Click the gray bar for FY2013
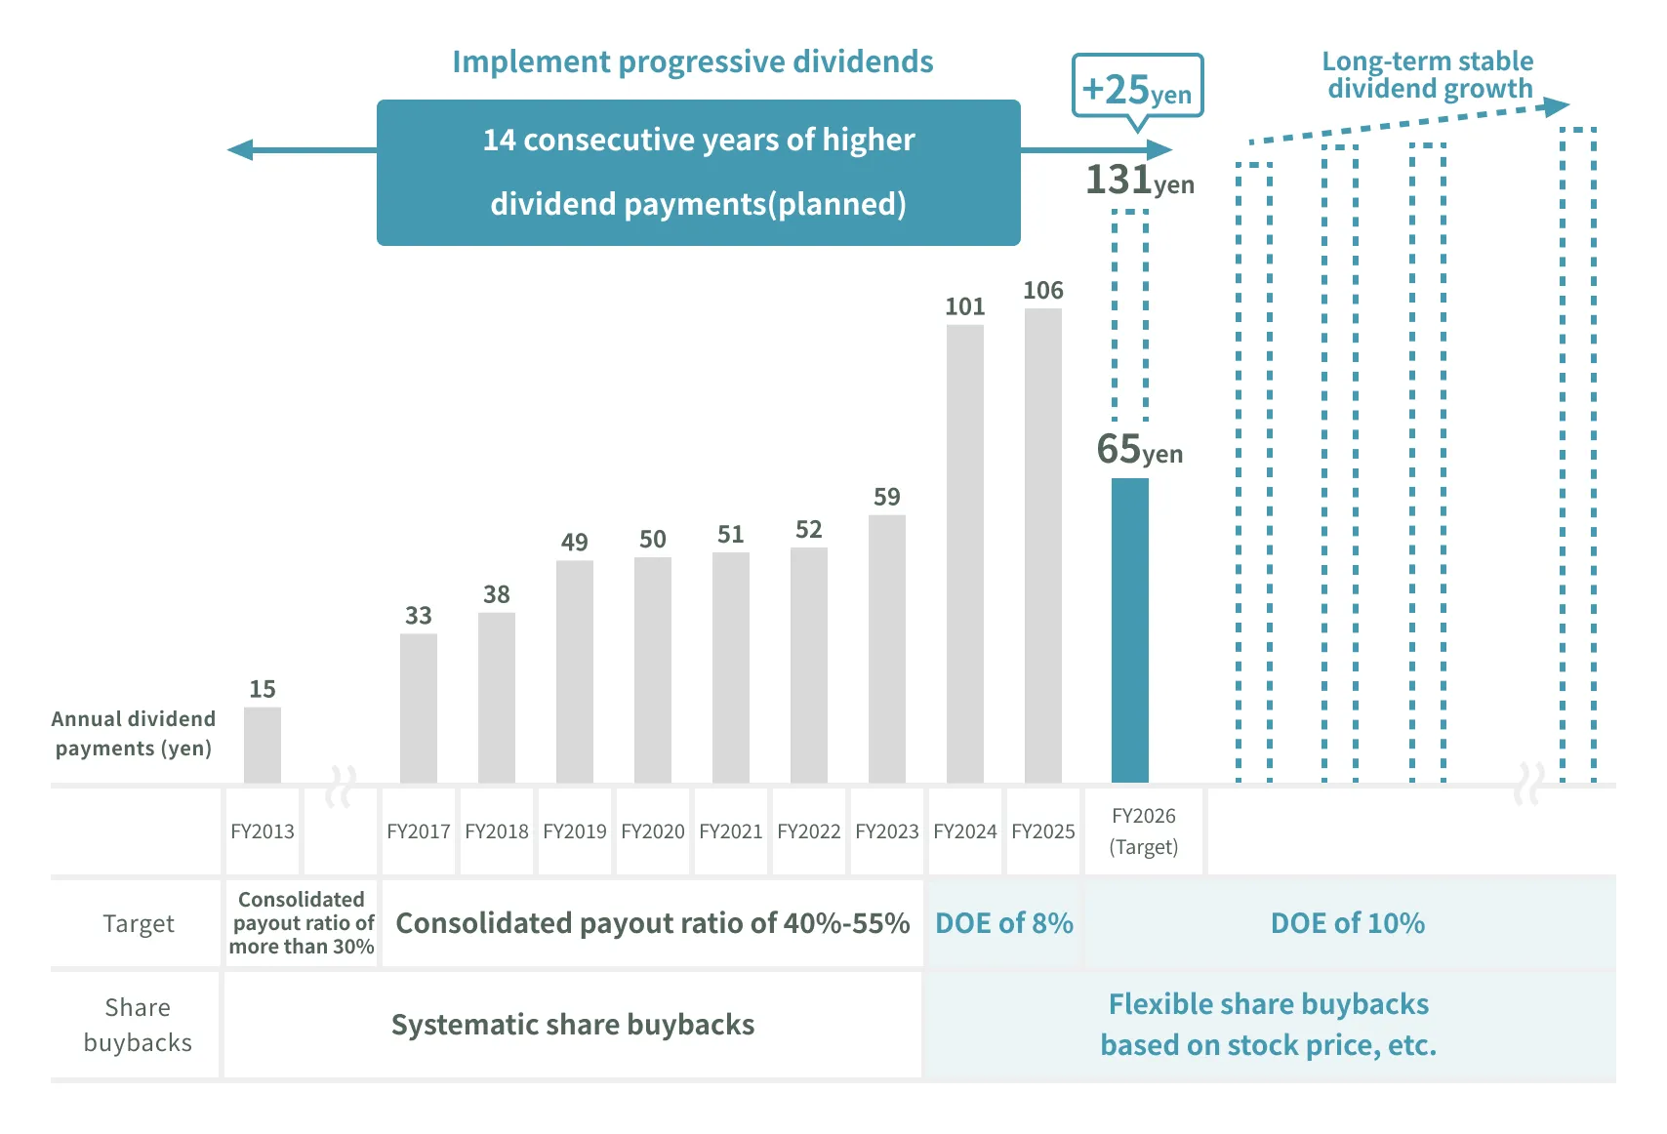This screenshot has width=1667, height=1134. click(x=262, y=745)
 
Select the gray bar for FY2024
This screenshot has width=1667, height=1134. click(x=964, y=553)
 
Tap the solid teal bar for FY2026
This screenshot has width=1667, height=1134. click(x=1129, y=630)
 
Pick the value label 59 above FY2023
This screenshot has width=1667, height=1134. click(x=886, y=497)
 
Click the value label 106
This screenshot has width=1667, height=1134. click(x=1042, y=290)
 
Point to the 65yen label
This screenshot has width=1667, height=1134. click(x=1139, y=450)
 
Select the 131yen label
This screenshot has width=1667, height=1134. click(x=1139, y=181)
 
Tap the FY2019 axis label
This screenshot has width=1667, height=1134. click(x=574, y=831)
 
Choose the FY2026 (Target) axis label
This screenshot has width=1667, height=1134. click(x=1144, y=831)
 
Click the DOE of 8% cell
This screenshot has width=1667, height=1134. click(x=1003, y=923)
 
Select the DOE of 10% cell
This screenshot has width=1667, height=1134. click(x=1347, y=923)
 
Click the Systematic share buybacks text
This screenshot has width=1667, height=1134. click(x=573, y=1025)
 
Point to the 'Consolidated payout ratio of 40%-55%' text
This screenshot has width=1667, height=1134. click(x=652, y=923)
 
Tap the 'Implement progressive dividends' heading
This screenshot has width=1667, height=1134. click(x=692, y=61)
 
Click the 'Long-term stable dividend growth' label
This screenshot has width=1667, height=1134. click(x=1428, y=75)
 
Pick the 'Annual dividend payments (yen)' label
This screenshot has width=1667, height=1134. click(x=133, y=734)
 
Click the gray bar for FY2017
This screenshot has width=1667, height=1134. click(x=418, y=708)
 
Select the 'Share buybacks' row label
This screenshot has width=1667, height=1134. click(x=138, y=1025)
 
